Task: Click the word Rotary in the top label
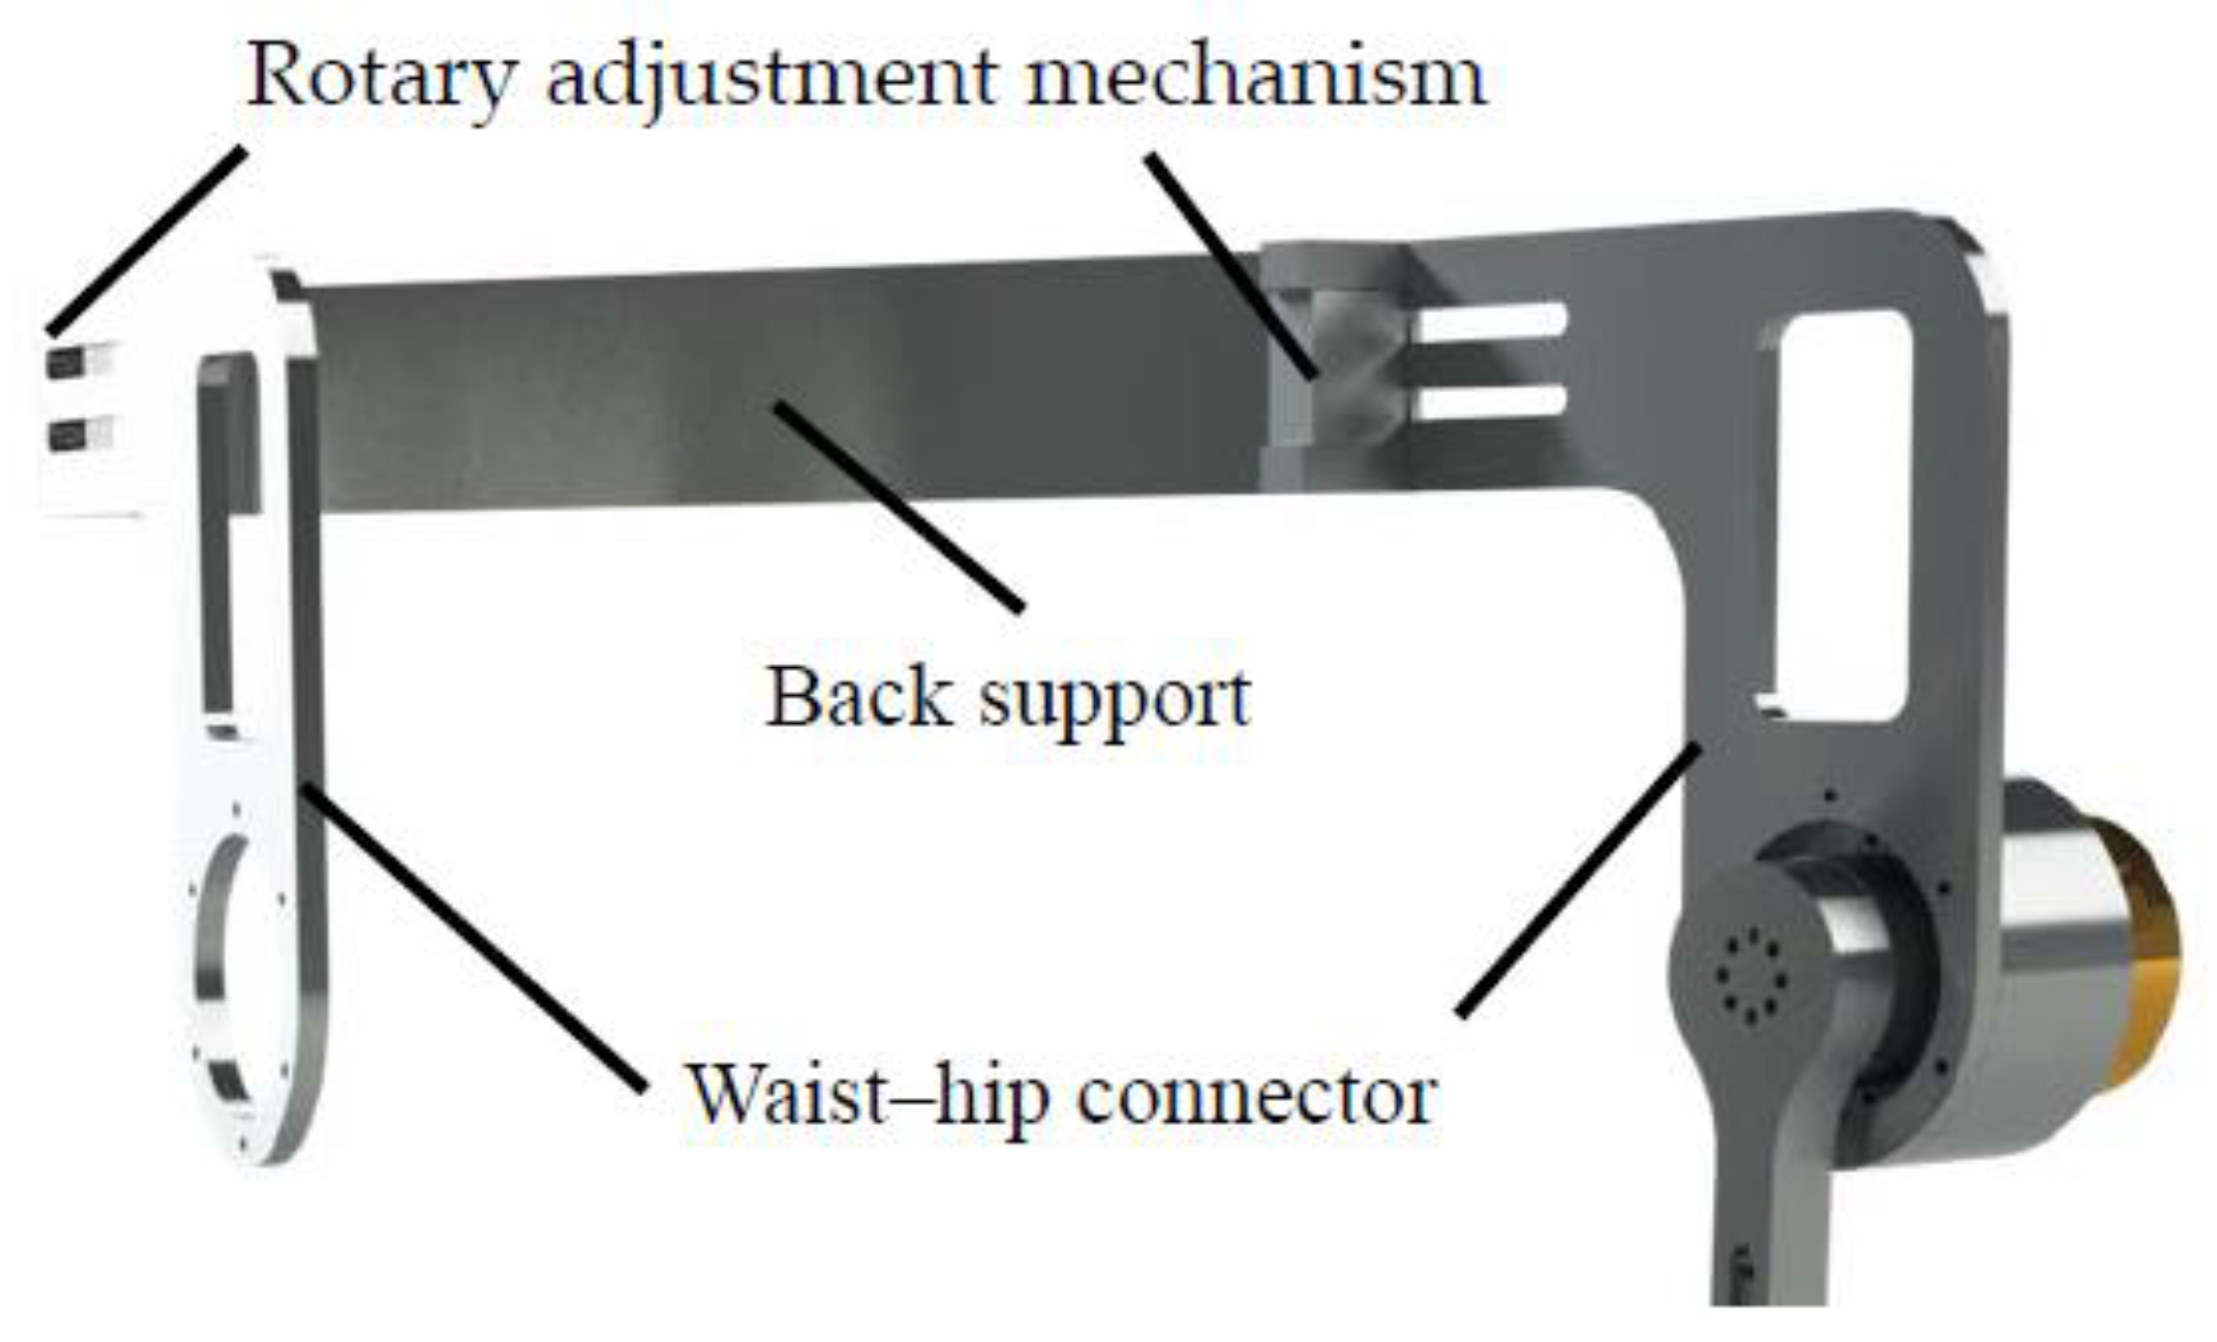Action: point(381,77)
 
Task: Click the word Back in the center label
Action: point(858,696)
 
